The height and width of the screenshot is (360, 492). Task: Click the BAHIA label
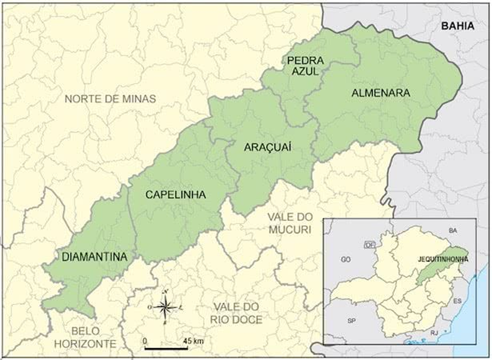[458, 26]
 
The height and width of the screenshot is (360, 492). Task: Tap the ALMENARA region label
[381, 93]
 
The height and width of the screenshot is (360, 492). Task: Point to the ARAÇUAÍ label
[268, 147]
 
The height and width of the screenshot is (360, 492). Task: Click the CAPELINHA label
[175, 195]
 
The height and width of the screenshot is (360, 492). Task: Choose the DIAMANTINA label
[95, 257]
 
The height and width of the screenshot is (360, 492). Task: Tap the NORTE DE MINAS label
[110, 99]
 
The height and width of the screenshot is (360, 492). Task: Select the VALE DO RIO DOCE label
[238, 314]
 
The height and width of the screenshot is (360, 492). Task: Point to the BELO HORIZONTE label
[84, 337]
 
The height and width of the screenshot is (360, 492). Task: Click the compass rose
[165, 308]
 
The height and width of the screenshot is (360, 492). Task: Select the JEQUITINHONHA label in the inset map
[438, 259]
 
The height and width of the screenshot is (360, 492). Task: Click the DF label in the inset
[369, 245]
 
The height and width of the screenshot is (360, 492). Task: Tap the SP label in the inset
[351, 321]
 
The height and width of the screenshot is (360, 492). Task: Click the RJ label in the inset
[434, 333]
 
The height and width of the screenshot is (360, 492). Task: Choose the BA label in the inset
[453, 231]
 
